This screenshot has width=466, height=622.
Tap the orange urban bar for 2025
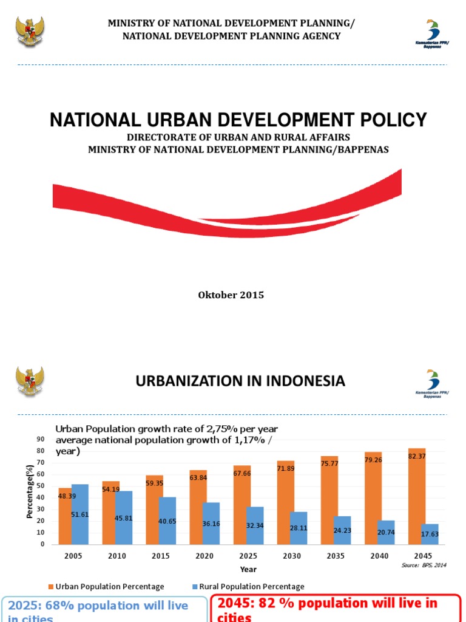point(241,505)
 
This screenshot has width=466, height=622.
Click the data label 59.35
point(155,484)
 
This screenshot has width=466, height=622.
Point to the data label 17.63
point(430,535)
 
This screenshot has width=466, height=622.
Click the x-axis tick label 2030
point(291,556)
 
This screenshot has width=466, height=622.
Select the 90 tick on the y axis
point(41,439)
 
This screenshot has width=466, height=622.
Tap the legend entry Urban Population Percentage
point(106,587)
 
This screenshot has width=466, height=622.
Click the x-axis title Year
point(248,569)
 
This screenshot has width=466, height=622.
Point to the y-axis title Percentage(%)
point(30,491)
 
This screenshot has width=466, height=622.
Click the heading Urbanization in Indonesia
point(240,381)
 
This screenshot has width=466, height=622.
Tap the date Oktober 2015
point(231,295)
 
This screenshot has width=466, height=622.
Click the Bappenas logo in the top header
point(431,34)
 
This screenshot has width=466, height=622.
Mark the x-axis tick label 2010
point(117,556)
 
